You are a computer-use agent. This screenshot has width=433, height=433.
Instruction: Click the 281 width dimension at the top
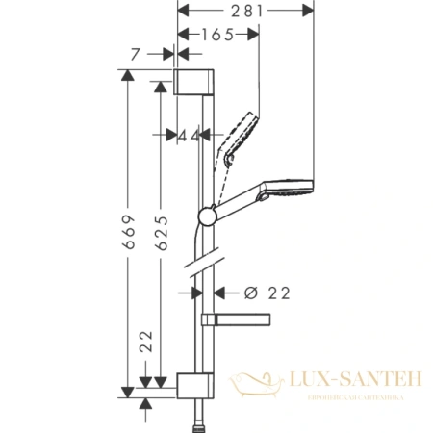click(244, 12)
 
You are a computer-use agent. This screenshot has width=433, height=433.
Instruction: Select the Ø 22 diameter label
click(262, 292)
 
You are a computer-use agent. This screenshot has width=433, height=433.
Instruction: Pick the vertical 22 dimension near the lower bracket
click(144, 340)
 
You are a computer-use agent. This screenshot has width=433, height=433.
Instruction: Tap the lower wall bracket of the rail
click(193, 384)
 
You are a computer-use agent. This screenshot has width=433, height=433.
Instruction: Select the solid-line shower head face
click(306, 185)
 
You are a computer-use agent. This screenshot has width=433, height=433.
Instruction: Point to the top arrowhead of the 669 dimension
click(126, 75)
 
